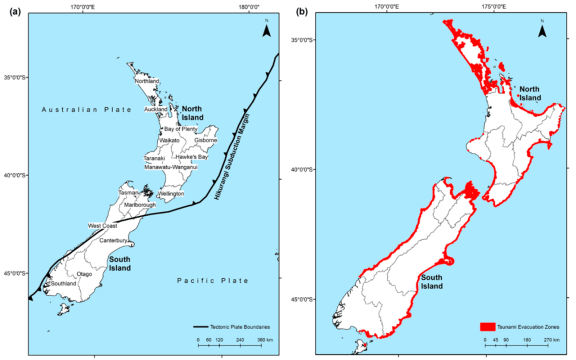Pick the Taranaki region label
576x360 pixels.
154,158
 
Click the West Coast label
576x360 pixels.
102,226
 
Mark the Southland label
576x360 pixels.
63,284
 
